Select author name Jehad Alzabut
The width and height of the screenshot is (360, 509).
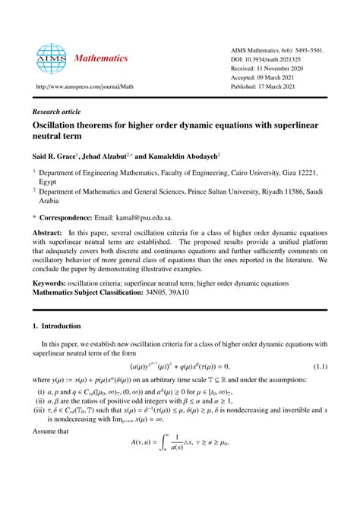112,154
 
